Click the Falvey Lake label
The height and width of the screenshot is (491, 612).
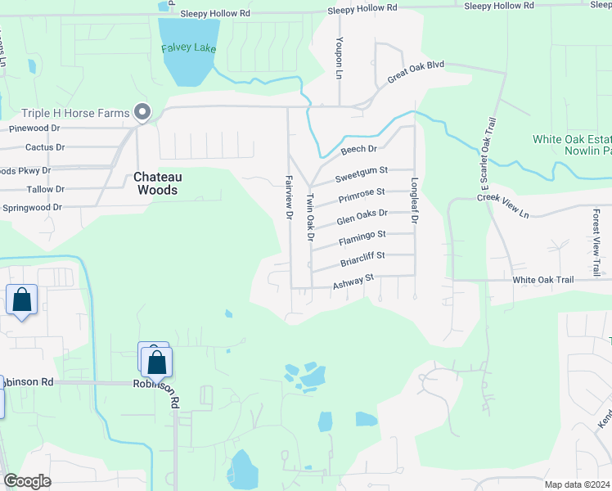click(188, 47)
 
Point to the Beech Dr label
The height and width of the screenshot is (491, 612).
click(358, 150)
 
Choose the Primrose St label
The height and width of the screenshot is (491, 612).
click(361, 195)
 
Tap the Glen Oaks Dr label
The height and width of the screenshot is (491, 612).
click(361, 216)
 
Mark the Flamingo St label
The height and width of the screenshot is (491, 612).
click(361, 237)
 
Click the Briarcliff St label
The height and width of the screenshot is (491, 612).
click(362, 259)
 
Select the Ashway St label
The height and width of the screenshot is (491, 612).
click(353, 282)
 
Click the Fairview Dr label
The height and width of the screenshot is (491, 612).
click(289, 197)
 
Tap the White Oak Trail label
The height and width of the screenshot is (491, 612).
click(543, 280)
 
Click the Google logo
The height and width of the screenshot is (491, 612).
click(27, 480)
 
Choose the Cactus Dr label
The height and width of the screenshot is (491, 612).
click(45, 147)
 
